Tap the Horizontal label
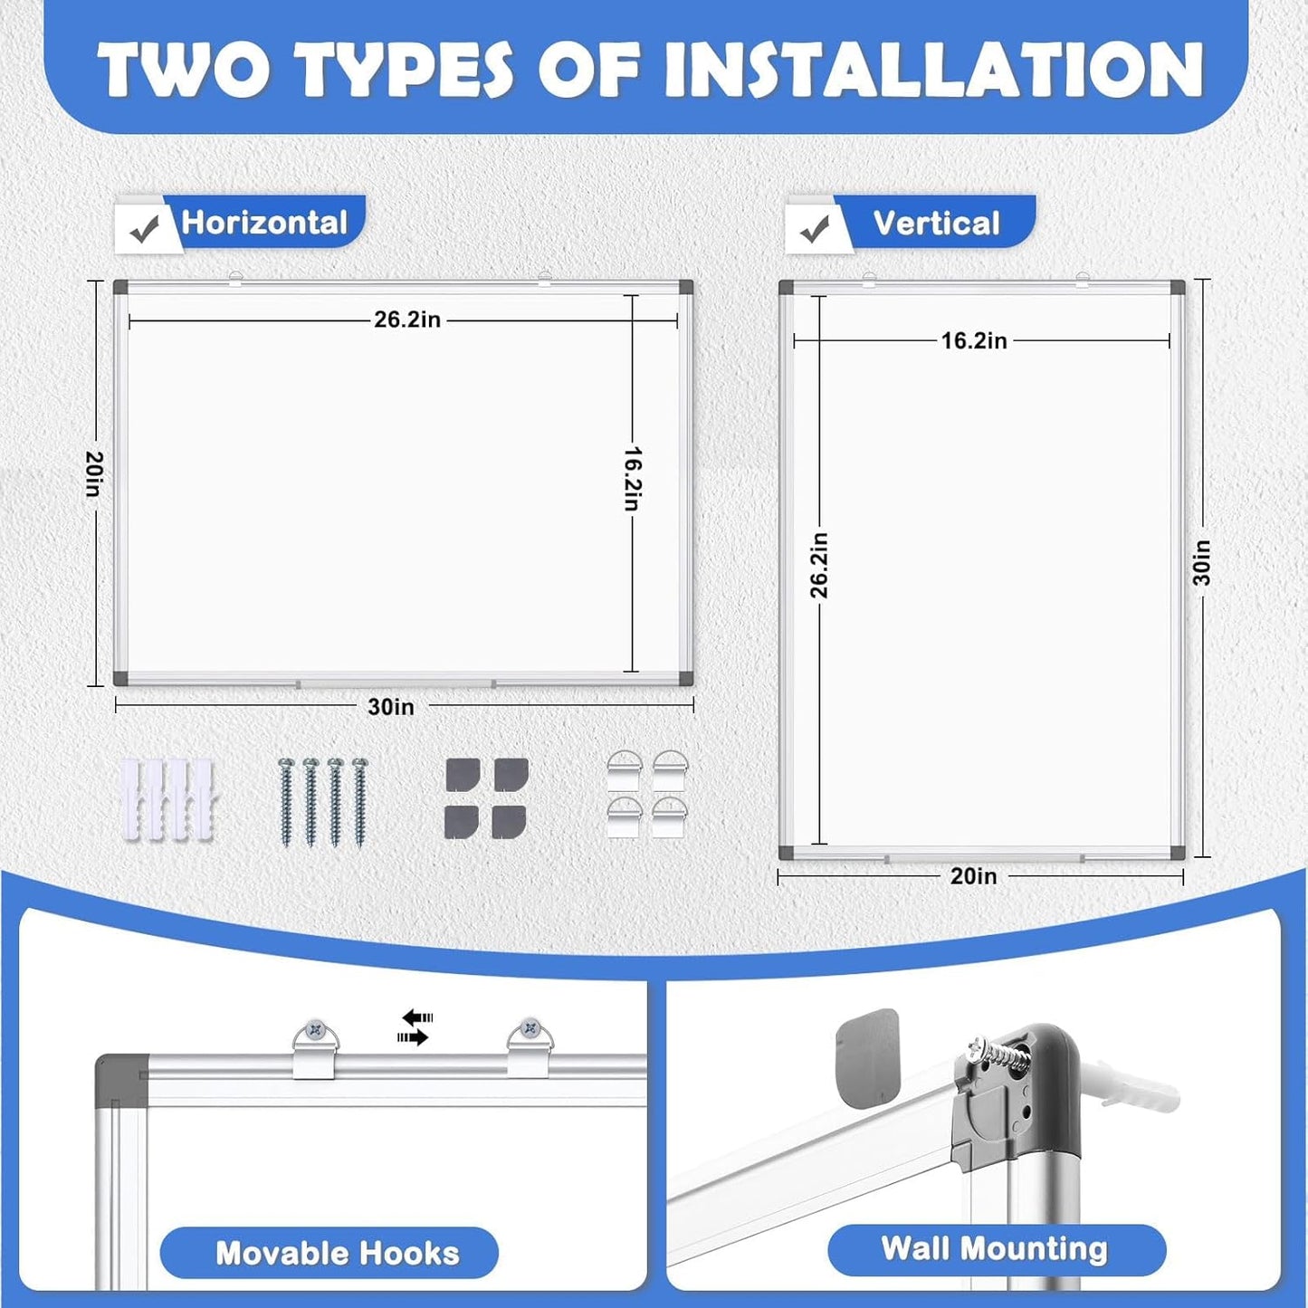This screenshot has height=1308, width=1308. coord(264,223)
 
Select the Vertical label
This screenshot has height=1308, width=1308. coord(936,223)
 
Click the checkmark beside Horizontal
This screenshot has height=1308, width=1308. coord(144,230)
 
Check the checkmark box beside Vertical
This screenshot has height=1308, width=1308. coord(815,230)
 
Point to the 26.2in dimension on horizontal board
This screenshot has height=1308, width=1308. coord(406,320)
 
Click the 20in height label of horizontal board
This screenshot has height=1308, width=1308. coord(94,473)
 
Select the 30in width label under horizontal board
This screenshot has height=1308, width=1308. coord(390,707)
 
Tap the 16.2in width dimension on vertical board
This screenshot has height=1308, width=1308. coord(973,341)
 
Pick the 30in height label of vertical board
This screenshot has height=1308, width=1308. coord(1201,563)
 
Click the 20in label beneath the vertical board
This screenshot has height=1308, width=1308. coord(973,876)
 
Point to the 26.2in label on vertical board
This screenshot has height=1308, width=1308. coord(819,566)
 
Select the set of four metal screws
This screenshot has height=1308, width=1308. coord(323,802)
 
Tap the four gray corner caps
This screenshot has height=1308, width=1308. coord(486,798)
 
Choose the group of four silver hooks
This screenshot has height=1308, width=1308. coord(647,794)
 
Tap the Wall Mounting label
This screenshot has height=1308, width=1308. coord(995,1249)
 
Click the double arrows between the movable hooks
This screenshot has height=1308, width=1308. coord(415,1027)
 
